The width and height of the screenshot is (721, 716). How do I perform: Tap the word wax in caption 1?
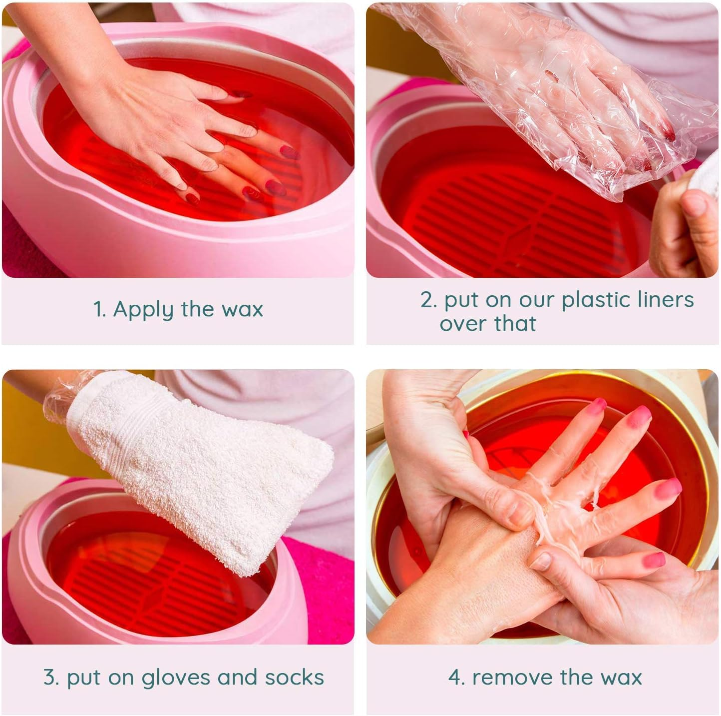click(242, 310)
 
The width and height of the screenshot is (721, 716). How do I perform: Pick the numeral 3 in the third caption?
click(50, 678)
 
